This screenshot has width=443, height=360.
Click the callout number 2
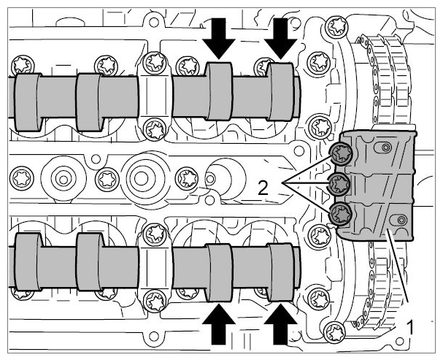point(263,188)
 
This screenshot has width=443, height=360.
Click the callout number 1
point(409,327)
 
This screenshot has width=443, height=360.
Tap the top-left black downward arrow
point(219,39)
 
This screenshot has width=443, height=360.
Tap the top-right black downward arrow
point(280,39)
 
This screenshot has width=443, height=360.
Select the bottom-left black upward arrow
point(219,324)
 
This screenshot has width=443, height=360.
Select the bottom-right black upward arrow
point(280,324)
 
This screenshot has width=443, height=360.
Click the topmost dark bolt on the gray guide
point(342,153)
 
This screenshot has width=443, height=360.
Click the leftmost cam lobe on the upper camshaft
point(28,102)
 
